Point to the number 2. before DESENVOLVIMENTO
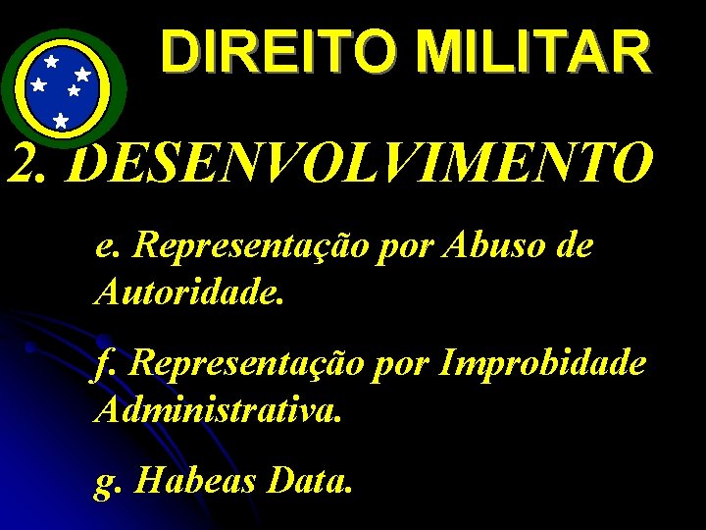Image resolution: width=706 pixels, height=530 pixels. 33,163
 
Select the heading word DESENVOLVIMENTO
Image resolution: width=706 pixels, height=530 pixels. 363,163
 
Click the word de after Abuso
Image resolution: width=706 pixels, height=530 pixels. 573,245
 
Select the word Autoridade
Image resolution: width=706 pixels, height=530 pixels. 189,291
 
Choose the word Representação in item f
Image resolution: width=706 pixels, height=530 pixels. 251,364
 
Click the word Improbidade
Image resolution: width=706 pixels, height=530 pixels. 543,364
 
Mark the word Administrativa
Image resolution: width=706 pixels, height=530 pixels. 219,408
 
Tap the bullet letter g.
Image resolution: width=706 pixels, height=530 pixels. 106,482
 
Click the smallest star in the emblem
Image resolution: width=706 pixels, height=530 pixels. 74,90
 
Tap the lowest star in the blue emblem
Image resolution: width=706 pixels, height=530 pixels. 61,121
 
